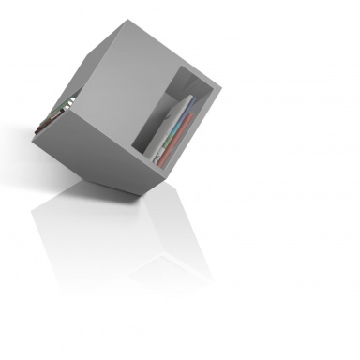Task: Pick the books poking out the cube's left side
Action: coord(58,112)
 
